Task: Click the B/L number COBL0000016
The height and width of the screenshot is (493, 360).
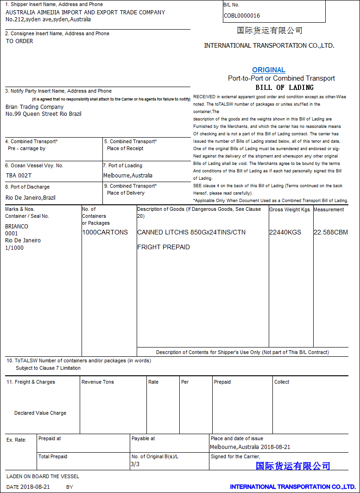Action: click(x=241, y=16)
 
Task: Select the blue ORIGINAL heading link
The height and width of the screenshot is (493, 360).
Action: click(x=269, y=70)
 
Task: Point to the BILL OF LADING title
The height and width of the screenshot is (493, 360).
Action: click(x=284, y=87)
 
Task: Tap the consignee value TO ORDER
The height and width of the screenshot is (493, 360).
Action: click(x=19, y=41)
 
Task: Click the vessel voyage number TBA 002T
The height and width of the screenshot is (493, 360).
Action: click(x=19, y=176)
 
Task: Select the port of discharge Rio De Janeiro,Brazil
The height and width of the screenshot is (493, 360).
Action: click(x=31, y=197)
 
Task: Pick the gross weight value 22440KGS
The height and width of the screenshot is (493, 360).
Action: click(x=285, y=232)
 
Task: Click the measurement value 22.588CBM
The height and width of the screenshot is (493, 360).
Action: click(x=330, y=232)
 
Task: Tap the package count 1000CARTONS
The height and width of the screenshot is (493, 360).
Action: click(x=105, y=232)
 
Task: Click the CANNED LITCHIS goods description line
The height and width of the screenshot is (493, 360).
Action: click(x=191, y=232)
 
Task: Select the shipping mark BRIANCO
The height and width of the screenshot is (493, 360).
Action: click(x=17, y=227)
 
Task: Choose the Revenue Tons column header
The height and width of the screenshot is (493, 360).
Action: click(x=98, y=382)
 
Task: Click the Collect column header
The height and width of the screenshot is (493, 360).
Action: click(x=282, y=382)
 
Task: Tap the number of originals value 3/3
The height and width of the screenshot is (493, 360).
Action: click(x=135, y=464)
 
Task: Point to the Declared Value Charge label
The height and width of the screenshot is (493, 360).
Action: click(x=40, y=413)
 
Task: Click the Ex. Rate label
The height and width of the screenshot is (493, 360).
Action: click(x=17, y=440)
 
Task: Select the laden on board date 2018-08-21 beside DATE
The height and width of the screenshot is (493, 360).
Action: click(x=35, y=487)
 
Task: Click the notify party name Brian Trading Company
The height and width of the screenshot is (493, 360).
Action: click(x=35, y=107)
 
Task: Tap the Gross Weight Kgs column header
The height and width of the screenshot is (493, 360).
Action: click(x=290, y=209)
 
